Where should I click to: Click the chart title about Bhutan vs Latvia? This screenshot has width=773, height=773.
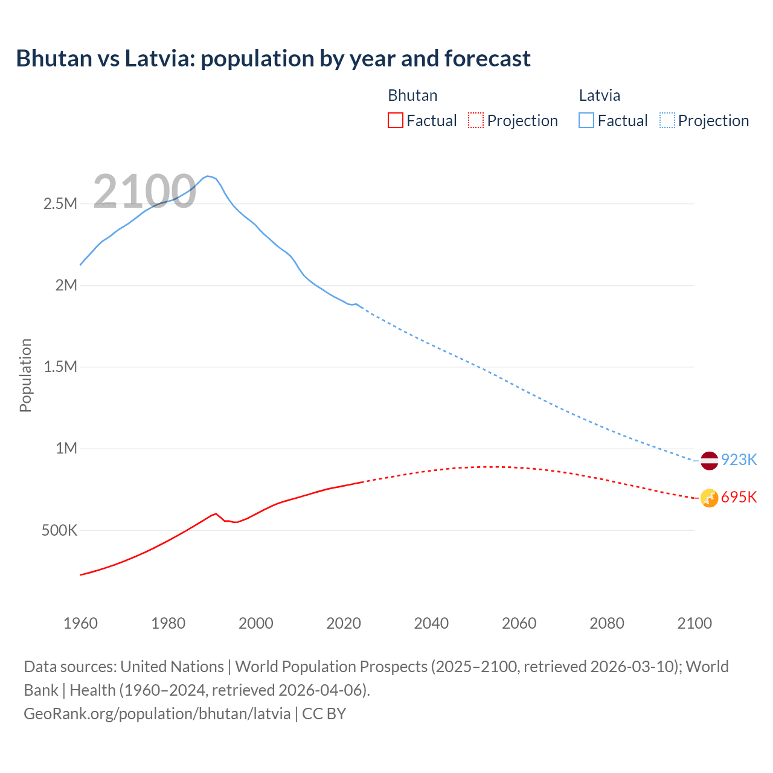[x=273, y=59]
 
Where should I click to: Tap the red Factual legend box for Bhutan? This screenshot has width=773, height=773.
[x=395, y=120]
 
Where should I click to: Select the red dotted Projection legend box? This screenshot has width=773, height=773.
[x=476, y=120]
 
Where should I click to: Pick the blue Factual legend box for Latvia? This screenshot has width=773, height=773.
[x=586, y=120]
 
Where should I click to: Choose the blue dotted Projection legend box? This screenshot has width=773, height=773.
[x=667, y=120]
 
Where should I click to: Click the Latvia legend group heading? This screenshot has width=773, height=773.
[x=599, y=95]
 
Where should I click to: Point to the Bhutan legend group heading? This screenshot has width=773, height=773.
[x=412, y=95]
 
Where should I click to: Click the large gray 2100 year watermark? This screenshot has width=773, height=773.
[x=144, y=191]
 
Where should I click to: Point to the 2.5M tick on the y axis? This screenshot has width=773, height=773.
[x=60, y=204]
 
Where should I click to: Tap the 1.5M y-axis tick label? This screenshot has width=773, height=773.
[x=60, y=367]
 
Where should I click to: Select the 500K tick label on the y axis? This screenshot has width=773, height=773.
[x=59, y=530]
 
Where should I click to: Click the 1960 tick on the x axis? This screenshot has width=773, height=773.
[x=80, y=623]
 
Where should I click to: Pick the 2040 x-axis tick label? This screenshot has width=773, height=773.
[x=431, y=623]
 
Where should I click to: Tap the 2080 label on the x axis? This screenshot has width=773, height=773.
[x=607, y=623]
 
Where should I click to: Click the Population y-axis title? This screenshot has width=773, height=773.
[x=25, y=375]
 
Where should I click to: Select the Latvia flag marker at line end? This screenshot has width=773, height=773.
[x=709, y=460]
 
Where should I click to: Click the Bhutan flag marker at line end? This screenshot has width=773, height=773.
[x=709, y=498]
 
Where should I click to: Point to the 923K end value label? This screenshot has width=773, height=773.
[x=739, y=460]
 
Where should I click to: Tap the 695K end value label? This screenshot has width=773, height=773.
[x=739, y=498]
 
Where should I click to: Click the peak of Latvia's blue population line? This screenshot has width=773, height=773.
[x=208, y=176]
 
